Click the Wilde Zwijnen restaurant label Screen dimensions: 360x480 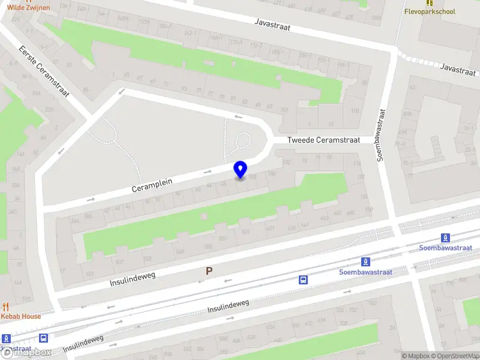tap(25, 7)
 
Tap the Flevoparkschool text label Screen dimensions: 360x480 tap(430, 11)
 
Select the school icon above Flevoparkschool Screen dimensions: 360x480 tap(430, 2)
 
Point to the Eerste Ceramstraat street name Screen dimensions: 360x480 tap(44, 71)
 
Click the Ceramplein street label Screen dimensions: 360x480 tap(152, 184)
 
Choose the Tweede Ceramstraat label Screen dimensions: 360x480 tap(323, 140)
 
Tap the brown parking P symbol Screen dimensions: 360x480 tap(209, 271)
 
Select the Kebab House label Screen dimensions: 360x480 tap(21, 316)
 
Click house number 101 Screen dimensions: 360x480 tap(284, 109)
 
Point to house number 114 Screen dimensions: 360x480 tap(358, 164)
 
